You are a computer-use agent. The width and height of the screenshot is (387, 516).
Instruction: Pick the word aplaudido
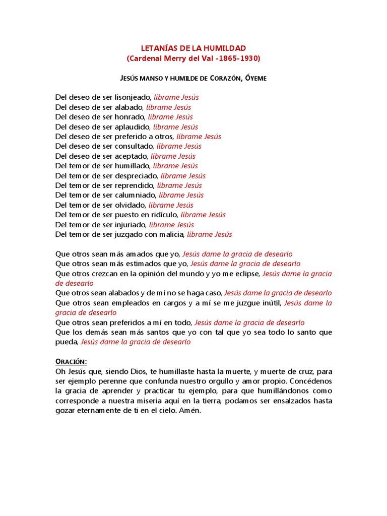coord(133,127)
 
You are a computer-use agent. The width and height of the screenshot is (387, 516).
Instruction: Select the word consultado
coord(135,146)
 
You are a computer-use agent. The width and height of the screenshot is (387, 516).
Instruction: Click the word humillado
coord(133,166)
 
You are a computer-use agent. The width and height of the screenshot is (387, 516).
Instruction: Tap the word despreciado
coord(136,176)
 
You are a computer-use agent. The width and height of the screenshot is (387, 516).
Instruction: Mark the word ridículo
coord(162,215)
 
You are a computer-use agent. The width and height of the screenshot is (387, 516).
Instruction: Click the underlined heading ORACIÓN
coord(71,361)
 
